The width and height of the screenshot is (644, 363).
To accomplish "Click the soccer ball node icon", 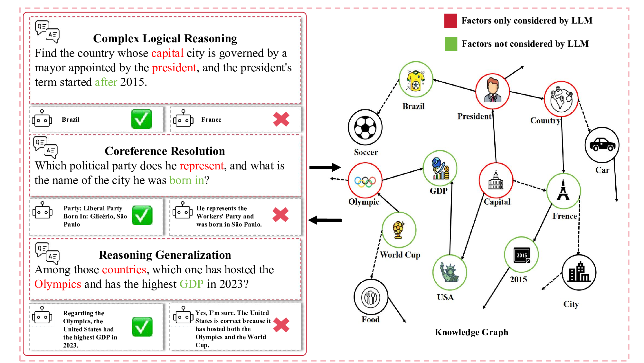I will click(x=365, y=127).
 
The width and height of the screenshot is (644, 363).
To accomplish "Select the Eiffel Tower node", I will click(x=563, y=191).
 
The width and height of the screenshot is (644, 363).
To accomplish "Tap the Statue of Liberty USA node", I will click(x=450, y=272).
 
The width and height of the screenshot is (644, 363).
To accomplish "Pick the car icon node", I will click(x=602, y=145).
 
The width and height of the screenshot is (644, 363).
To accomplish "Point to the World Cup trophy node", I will click(x=399, y=230).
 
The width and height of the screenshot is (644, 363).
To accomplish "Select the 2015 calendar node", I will click(x=521, y=255).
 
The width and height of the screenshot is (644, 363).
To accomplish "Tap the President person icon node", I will click(x=492, y=91).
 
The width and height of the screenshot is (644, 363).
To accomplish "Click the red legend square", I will click(x=450, y=21).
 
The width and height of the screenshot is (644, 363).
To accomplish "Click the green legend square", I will click(x=450, y=44).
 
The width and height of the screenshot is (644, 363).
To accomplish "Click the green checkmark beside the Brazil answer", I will click(x=142, y=119).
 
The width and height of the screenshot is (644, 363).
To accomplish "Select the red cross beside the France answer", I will click(x=281, y=119).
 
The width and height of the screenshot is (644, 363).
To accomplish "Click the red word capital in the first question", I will click(x=167, y=53).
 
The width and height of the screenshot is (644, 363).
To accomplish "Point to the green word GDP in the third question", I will click(x=191, y=284).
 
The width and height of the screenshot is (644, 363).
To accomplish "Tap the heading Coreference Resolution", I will click(x=165, y=151).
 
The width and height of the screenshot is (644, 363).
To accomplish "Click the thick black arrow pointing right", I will click(x=325, y=167).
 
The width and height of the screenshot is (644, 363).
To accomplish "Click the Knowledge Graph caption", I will click(x=471, y=332).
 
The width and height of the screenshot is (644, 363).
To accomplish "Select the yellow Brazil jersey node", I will click(x=415, y=80).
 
